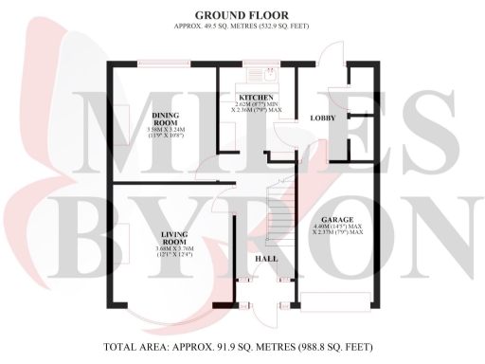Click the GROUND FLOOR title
[242, 15]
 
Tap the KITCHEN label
[257, 98]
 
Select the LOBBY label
[323, 118]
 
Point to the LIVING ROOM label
[172, 239]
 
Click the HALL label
[264, 259]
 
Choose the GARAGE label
[338, 218]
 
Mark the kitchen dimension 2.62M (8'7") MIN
[257, 105]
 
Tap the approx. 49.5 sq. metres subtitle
[242, 28]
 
